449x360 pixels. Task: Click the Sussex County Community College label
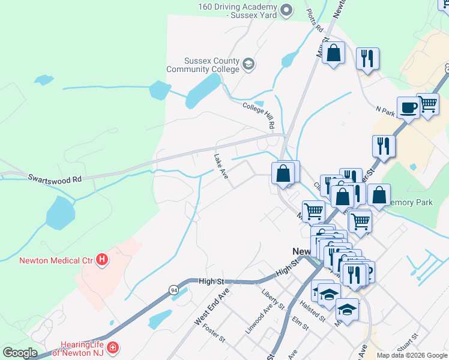click(x=211, y=65)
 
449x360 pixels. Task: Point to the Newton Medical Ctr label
click(x=56, y=260)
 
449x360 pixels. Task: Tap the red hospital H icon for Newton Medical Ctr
click(x=103, y=260)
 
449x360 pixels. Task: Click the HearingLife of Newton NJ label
click(x=82, y=349)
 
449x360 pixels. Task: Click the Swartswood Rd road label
click(x=54, y=179)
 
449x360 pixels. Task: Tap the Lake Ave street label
click(x=221, y=167)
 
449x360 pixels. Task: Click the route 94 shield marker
click(x=173, y=290)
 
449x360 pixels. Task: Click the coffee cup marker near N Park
click(x=408, y=108)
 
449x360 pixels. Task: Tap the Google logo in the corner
click(x=20, y=353)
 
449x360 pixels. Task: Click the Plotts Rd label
click(x=315, y=20)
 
